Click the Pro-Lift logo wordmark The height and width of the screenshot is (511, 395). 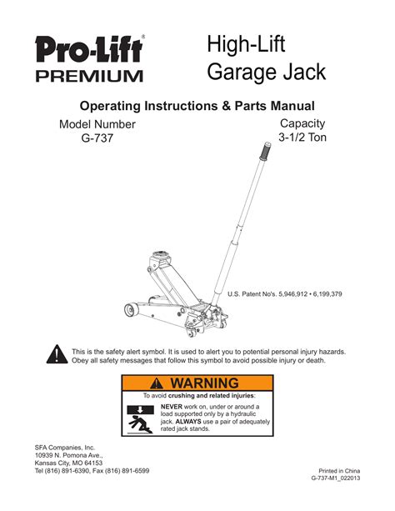(88, 51)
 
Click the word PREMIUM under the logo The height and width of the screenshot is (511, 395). (88, 77)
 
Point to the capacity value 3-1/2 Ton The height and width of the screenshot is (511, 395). (302, 139)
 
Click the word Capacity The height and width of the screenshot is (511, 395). (302, 123)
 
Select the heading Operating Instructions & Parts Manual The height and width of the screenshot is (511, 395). (197, 106)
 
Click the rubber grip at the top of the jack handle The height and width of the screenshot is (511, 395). (267, 153)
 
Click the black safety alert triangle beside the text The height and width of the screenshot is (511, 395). (56, 355)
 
